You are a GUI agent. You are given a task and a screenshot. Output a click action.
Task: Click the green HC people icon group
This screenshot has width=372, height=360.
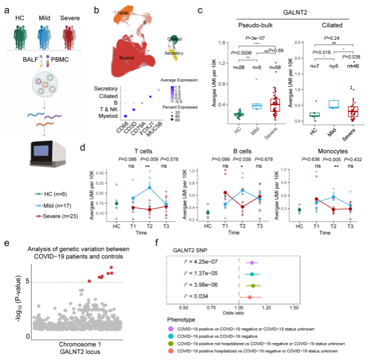click(x=20, y=29)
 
